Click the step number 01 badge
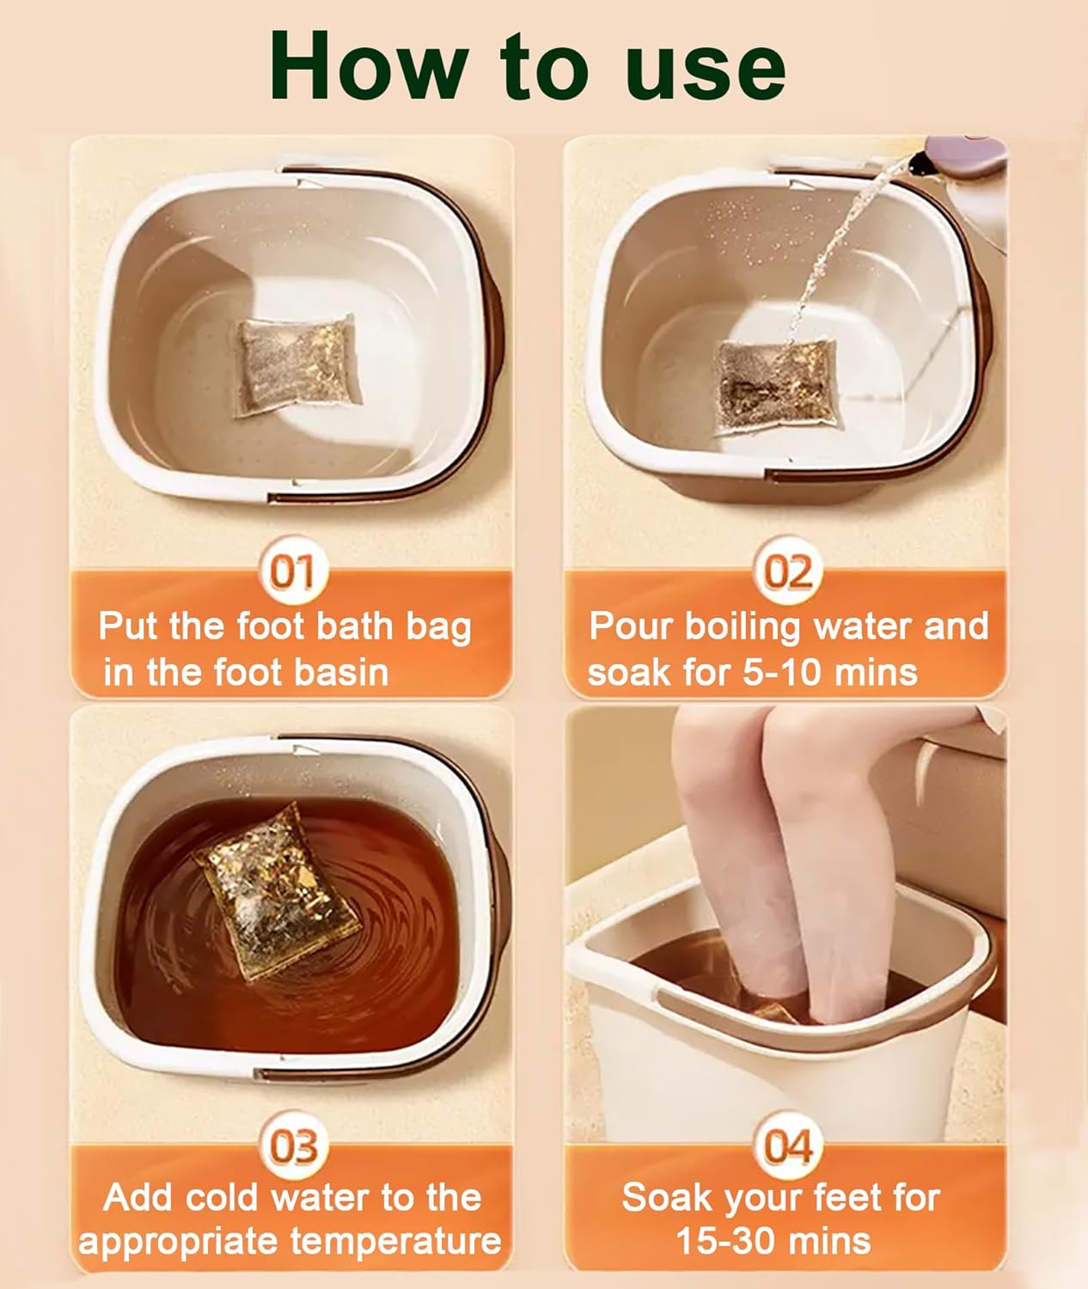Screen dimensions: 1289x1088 292,571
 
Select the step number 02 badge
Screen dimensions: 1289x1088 787,571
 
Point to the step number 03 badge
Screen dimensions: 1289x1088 293,1145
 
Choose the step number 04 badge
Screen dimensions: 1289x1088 787,1145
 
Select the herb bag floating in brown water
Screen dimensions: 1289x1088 277,893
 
